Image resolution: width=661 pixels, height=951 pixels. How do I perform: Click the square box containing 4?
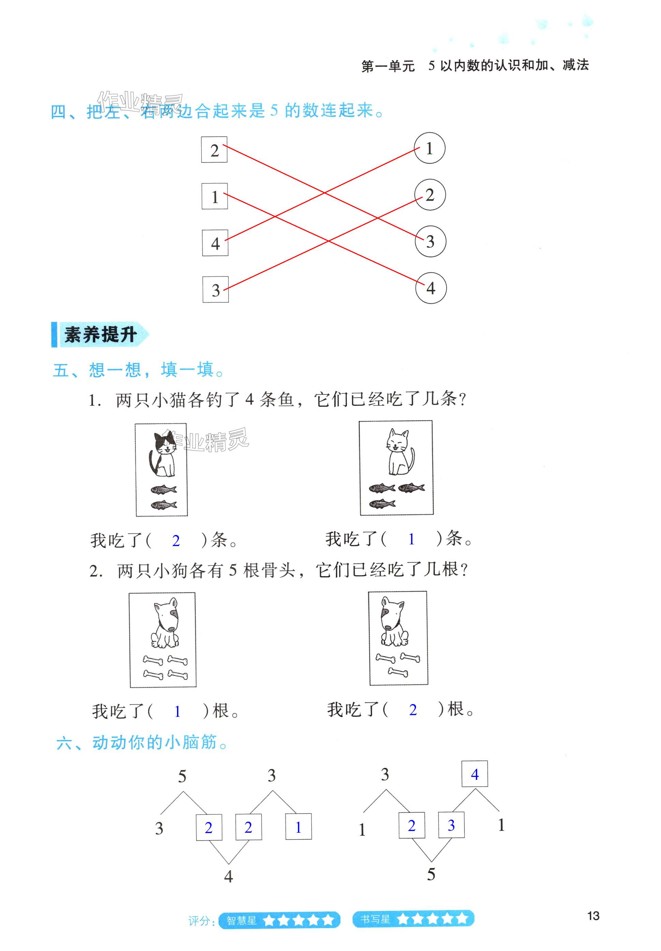[x=215, y=243]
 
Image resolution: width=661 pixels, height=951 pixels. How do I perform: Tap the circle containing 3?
[x=430, y=241]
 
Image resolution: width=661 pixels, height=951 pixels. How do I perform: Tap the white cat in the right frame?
[x=398, y=453]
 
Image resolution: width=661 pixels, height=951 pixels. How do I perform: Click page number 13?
[x=593, y=916]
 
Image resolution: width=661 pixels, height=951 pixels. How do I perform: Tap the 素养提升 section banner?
[x=100, y=335]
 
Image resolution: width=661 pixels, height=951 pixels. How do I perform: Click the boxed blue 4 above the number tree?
[x=475, y=774]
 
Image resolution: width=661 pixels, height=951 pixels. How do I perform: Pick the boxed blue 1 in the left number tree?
[x=298, y=827]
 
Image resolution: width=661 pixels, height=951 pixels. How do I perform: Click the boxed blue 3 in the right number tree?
[x=451, y=825]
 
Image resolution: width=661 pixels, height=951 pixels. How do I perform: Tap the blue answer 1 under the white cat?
[x=411, y=539]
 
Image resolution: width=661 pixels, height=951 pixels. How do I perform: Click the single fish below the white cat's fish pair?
[x=382, y=504]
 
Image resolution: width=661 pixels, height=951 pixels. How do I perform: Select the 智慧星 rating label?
[x=241, y=920]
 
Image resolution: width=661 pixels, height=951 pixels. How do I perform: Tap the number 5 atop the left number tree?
[x=182, y=776]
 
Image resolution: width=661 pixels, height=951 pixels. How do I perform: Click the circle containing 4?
[x=431, y=288]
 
